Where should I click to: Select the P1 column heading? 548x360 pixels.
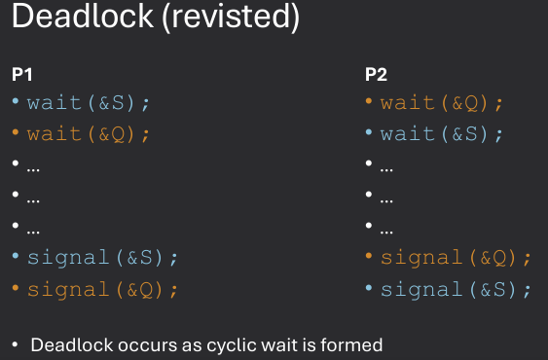point(21,74)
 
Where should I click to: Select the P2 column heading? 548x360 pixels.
point(376,74)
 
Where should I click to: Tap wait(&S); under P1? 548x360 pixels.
point(89,101)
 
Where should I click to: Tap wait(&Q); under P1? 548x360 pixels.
point(89,133)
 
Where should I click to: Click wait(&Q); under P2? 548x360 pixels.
point(442,101)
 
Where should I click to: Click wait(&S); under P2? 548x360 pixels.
point(442,133)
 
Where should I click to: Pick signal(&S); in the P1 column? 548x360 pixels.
point(103,258)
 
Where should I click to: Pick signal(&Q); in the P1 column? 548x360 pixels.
point(103,289)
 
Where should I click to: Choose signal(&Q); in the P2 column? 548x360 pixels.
point(456,258)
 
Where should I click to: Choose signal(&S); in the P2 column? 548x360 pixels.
point(456,289)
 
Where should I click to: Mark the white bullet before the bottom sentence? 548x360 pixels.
point(16,345)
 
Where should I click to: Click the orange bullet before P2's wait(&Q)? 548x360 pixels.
point(369,101)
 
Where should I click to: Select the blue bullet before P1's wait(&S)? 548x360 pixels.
point(16,101)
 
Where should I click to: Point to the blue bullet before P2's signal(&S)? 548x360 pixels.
point(369,289)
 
